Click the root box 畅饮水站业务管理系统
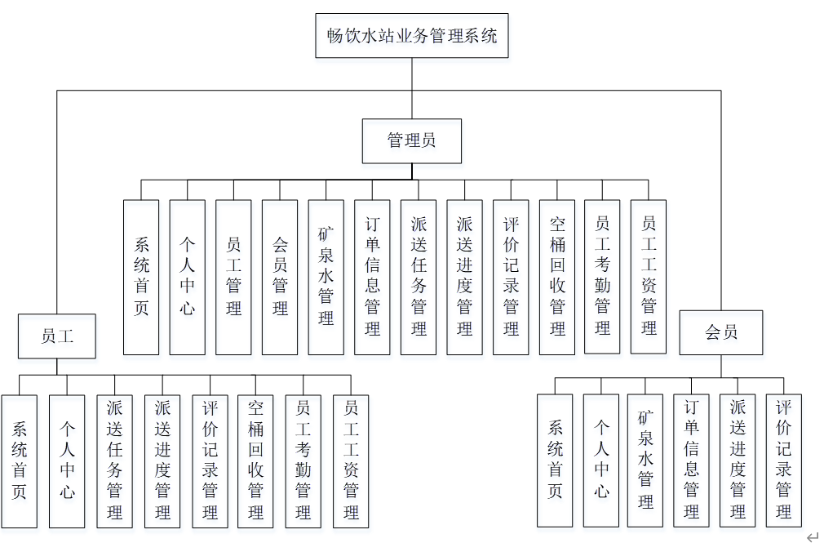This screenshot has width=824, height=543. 412,36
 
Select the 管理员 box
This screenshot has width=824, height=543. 412,140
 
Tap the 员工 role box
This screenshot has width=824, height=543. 57,336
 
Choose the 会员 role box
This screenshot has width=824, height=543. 721,332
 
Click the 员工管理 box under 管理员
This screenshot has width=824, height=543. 233,277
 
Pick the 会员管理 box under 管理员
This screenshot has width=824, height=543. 280,277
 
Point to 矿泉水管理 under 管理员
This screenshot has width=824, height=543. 326,277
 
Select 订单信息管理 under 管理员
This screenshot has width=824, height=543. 372,277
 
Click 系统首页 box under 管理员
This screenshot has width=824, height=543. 141,277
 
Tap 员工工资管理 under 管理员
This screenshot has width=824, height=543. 649,277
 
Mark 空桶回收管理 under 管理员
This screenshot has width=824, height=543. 557,277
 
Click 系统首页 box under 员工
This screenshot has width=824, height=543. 20,461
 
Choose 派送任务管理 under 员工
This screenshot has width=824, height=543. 114,461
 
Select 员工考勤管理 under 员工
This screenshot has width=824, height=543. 303,461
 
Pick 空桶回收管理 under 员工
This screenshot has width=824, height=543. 256,461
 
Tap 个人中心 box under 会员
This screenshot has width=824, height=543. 601,460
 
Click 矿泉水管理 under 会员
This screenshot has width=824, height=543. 646,460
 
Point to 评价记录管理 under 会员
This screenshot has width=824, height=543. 783,460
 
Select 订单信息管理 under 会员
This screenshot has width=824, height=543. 692,460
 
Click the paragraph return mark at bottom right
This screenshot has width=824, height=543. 812,536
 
